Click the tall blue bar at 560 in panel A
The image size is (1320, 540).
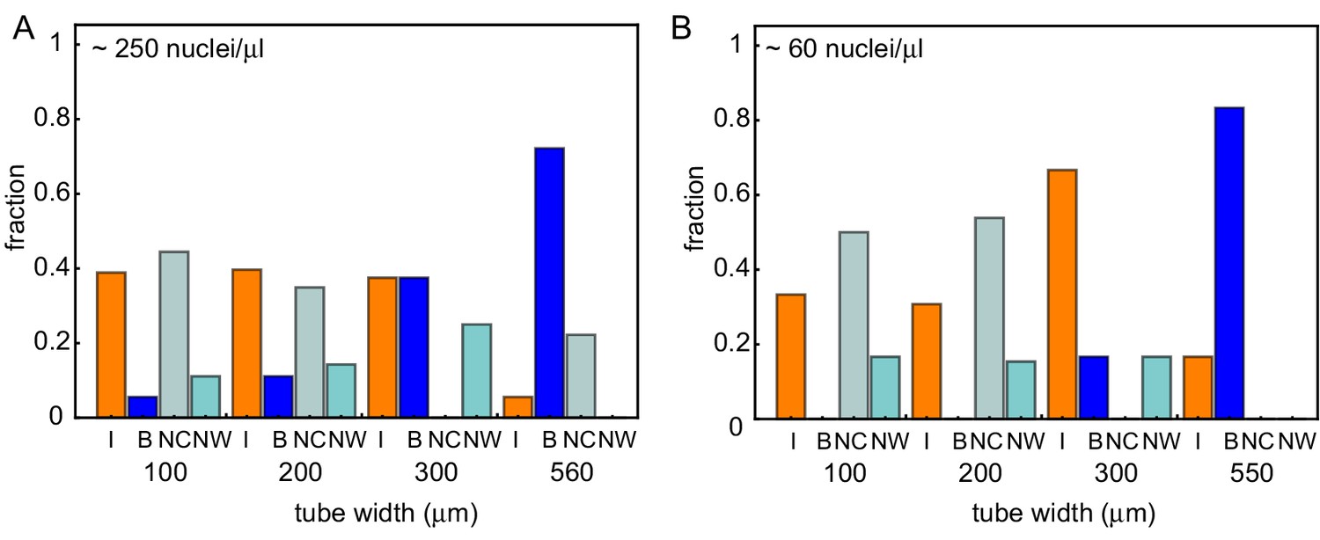549,282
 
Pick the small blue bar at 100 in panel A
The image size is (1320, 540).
143,407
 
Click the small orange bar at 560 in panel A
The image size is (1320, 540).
518,407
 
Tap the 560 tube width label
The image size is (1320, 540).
574,473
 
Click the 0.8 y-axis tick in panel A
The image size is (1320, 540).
52,119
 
